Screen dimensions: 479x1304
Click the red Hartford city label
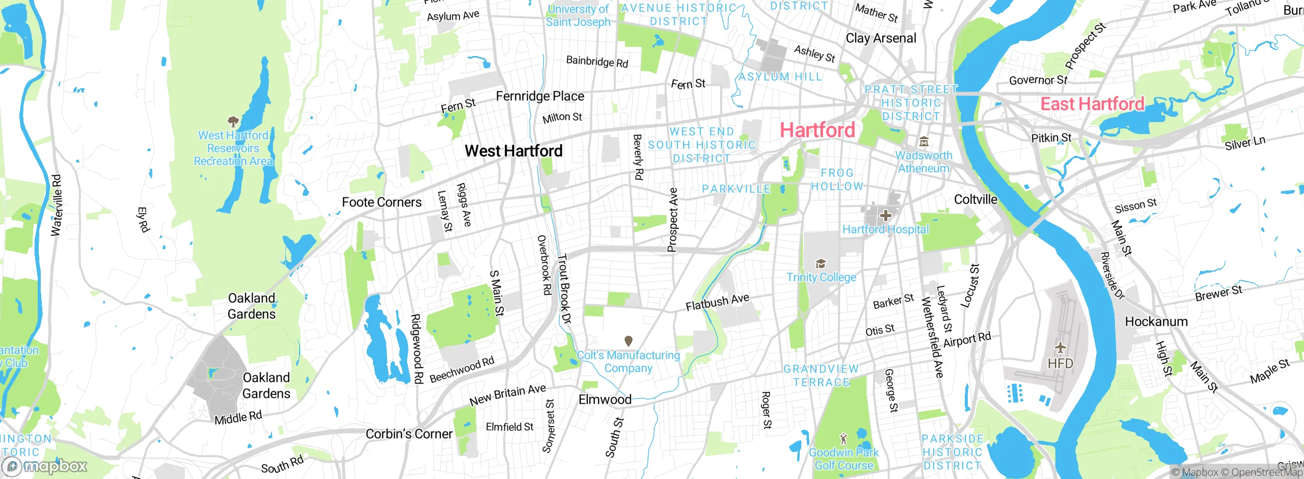pyautogui.click(x=817, y=130)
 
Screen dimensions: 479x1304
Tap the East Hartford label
pyautogui.click(x=1092, y=104)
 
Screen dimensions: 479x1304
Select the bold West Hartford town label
pyautogui.click(x=513, y=151)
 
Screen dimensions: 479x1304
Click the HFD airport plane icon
pyautogui.click(x=1061, y=348)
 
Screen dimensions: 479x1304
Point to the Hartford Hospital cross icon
pyautogui.click(x=886, y=215)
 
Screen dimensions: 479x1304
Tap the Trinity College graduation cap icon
pyautogui.click(x=821, y=263)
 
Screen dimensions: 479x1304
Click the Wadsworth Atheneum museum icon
pyautogui.click(x=923, y=142)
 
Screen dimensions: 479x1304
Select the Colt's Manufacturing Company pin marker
pyautogui.click(x=629, y=340)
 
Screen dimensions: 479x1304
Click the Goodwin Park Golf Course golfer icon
pyautogui.click(x=844, y=438)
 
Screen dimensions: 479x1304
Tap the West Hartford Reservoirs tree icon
pyautogui.click(x=233, y=121)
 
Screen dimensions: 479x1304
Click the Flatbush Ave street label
pyautogui.click(x=717, y=302)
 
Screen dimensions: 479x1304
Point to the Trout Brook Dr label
pyautogui.click(x=564, y=288)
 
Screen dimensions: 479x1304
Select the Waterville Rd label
pyautogui.click(x=57, y=205)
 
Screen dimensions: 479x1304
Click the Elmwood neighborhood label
pyautogui.click(x=605, y=400)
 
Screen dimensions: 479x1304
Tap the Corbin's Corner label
pyautogui.click(x=409, y=434)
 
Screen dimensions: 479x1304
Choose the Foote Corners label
pyautogui.click(x=382, y=202)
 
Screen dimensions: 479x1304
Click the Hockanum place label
pyautogui.click(x=1156, y=322)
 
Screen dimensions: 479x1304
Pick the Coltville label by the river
pyautogui.click(x=975, y=199)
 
